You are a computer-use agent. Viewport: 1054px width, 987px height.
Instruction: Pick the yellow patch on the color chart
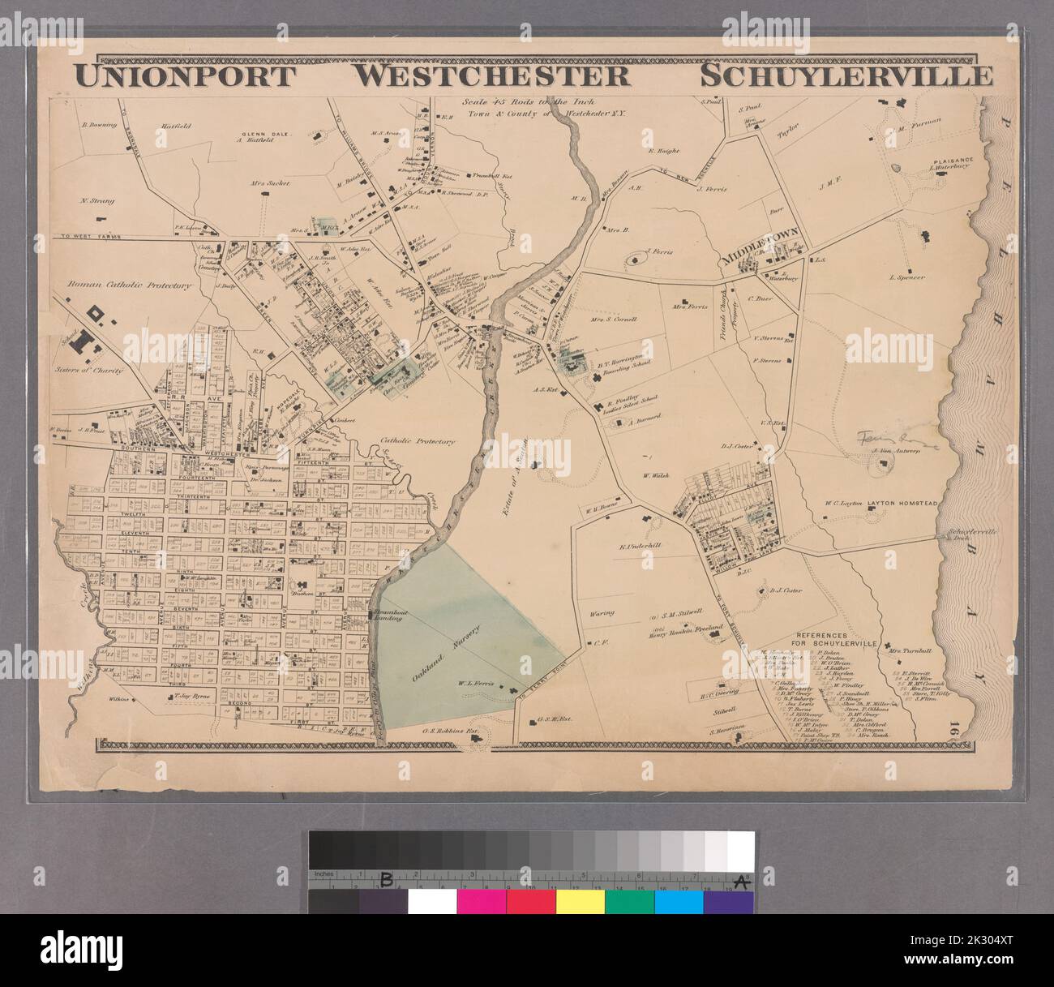pyautogui.click(x=580, y=902)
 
